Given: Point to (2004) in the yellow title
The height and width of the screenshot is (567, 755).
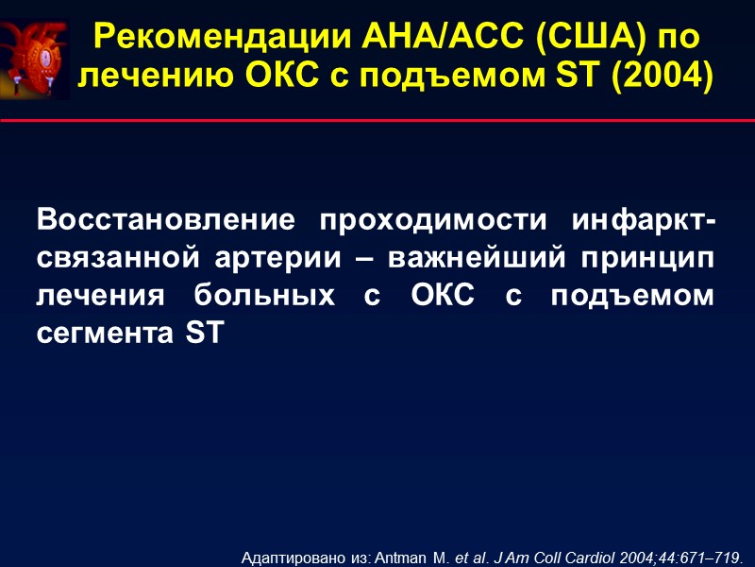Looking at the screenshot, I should [x=660, y=75].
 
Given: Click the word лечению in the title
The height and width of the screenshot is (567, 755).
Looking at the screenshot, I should [x=147, y=75].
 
